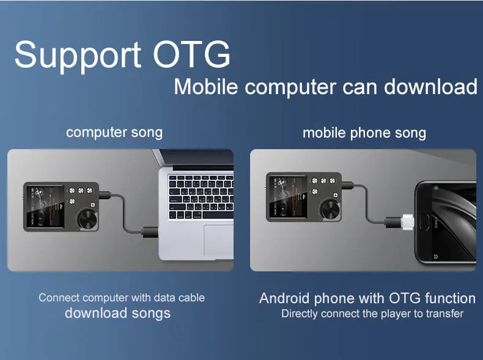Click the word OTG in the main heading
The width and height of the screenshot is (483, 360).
pos(191,54)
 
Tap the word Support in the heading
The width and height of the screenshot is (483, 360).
pos(78,57)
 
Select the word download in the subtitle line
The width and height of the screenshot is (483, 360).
pos(430,87)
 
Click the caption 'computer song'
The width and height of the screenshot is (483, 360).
pos(114,133)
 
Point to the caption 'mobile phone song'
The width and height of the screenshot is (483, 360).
pos(364,133)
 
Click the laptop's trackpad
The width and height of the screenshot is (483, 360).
pos(218,240)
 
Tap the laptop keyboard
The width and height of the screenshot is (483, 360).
pos(201,196)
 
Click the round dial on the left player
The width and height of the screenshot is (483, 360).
pos(87,219)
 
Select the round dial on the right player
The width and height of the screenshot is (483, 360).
pos(330,210)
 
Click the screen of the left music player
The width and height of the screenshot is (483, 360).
pos(45,207)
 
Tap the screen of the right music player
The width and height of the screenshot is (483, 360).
pos(288,197)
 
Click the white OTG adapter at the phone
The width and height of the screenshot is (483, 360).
pos(407,222)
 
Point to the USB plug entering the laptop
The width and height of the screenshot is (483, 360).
pos(150,232)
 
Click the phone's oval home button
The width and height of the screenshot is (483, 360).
pos(425,222)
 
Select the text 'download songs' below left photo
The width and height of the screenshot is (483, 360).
pos(117,313)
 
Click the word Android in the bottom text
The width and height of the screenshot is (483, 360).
pos(284,298)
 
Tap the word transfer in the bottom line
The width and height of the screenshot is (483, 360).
pos(445,314)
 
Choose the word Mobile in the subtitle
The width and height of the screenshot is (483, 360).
pos(206,87)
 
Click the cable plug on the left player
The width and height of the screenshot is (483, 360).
pos(105,195)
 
